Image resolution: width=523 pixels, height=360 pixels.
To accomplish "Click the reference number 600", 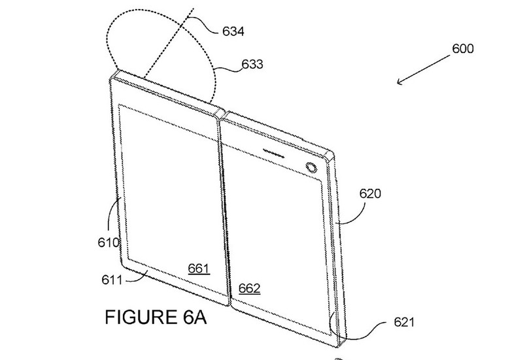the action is pos(463,48).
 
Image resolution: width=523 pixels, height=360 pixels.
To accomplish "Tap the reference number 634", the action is pos(233,31).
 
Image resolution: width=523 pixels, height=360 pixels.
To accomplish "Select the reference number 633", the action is pos(252,64).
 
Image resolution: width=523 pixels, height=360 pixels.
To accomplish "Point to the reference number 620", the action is pos(370,193).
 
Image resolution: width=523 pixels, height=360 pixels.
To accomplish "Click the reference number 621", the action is pos(404,322).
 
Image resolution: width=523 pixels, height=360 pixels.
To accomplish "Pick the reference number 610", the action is pos(109,242).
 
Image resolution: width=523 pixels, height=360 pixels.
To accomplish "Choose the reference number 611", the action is pos(112,280).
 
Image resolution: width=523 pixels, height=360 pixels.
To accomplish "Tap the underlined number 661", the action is pos(199,269).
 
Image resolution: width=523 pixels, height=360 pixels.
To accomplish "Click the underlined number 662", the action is pos(250,288).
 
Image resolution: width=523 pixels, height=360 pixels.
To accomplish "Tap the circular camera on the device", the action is pos(312,168).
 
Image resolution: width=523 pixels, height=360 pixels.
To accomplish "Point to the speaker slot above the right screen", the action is pos(274,154).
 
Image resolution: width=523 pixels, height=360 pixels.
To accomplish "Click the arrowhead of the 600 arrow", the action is pos(399,82).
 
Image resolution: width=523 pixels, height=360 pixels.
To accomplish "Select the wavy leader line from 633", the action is pos(228,70).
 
